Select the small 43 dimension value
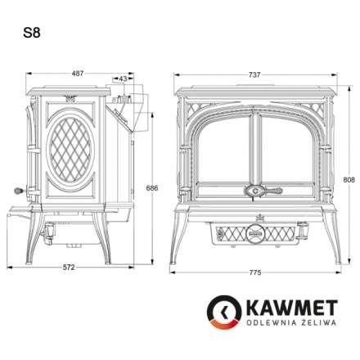click(124, 79)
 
